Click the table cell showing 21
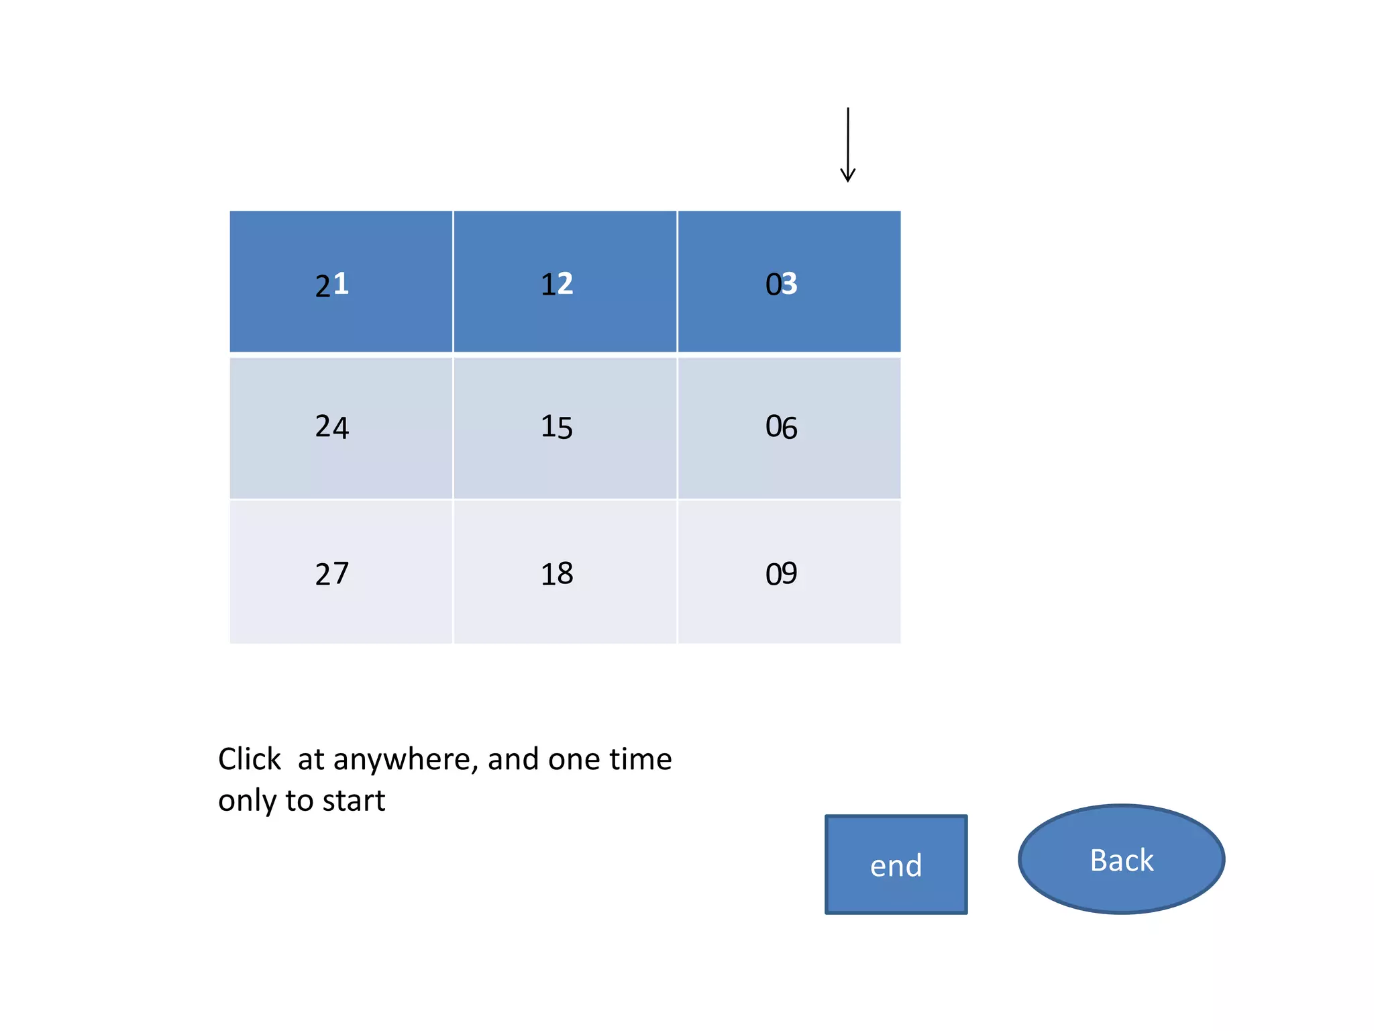341,282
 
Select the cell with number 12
565,282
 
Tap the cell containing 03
789,282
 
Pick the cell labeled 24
341,428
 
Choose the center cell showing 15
565,428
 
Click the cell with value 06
789,428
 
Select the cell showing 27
341,573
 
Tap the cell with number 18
565,573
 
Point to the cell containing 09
789,573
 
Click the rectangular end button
896,865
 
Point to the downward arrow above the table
848,145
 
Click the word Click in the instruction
250,759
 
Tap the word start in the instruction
354,801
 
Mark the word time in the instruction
640,759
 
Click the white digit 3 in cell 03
790,284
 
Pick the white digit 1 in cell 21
341,284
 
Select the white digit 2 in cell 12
566,284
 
